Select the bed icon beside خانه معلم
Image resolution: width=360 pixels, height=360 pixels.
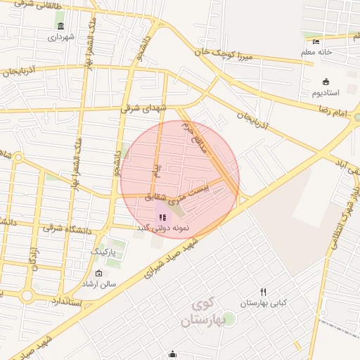click(316, 41)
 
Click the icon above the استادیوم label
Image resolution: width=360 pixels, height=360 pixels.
click(326, 82)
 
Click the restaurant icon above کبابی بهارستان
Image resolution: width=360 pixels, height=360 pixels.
click(263, 292)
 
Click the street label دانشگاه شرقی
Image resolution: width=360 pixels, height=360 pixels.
click(67, 228)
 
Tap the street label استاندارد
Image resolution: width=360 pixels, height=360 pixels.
click(67, 303)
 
